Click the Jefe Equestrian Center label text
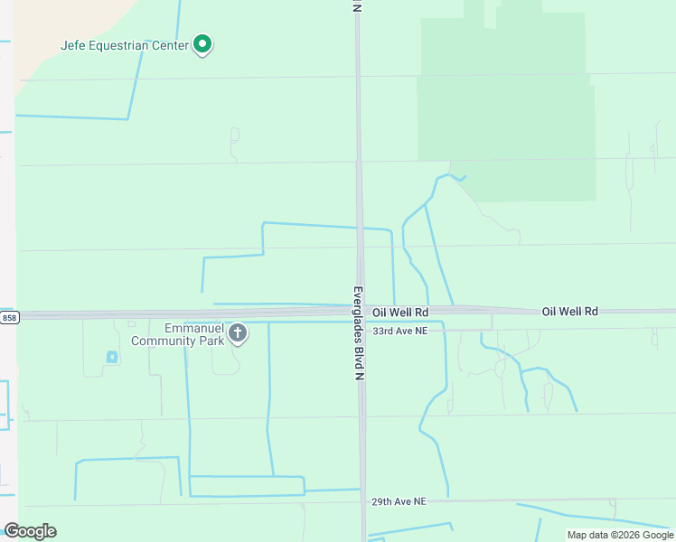(125, 45)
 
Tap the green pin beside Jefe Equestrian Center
(203, 43)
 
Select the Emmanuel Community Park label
(180, 334)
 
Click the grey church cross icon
(238, 333)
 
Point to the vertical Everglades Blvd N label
(358, 332)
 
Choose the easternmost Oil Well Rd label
(569, 311)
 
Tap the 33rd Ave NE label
(399, 331)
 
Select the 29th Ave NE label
(399, 500)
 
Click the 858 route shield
(9, 318)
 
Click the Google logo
(30, 531)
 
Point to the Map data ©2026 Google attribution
(619, 535)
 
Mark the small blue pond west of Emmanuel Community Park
(112, 357)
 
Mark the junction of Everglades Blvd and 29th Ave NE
(363, 501)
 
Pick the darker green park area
(506, 108)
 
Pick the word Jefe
(72, 45)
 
